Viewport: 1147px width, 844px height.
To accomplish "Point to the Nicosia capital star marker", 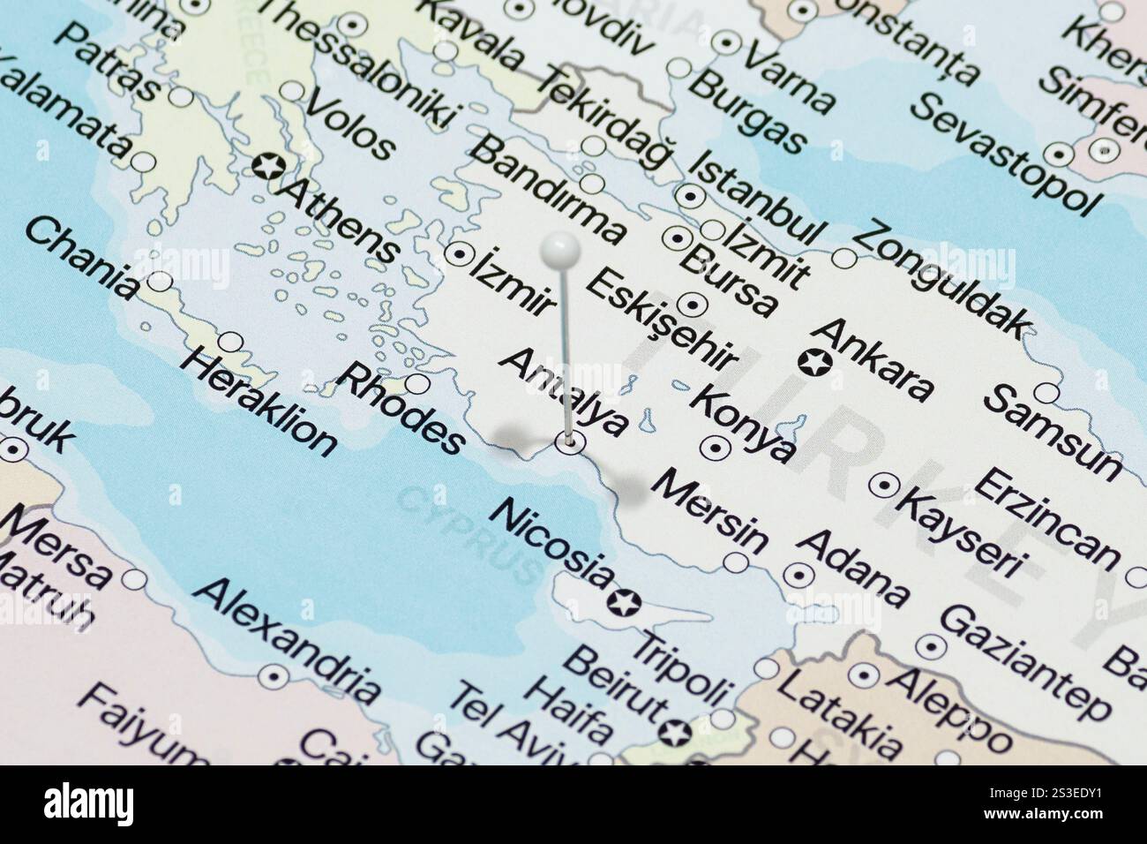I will point(627,602).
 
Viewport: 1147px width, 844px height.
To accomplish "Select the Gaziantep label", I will point(1023,662).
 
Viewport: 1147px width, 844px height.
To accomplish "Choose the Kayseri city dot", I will point(884,485).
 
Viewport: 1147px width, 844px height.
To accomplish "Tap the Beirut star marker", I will point(676,732).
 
